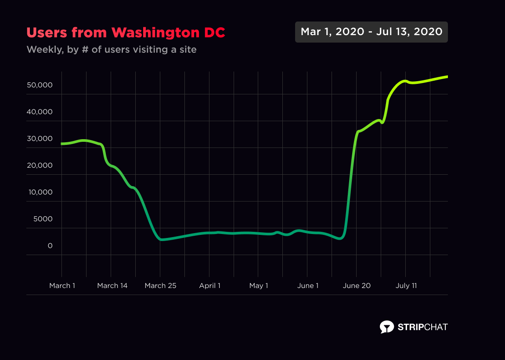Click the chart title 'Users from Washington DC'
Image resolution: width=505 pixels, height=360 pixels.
coord(126,32)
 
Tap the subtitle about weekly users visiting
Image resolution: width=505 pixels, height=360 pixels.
coord(112,50)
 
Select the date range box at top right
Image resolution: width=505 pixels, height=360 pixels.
coord(372,32)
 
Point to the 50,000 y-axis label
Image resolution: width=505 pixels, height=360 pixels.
coord(40,85)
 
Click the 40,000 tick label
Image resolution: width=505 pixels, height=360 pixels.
coord(40,112)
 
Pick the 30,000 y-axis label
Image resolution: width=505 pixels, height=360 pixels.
coord(40,139)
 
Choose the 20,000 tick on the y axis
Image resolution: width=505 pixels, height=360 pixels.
coord(40,166)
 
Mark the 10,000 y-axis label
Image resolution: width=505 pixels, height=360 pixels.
coord(40,192)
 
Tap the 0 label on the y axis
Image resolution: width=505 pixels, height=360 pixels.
coord(50,246)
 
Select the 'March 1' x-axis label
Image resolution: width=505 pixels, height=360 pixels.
coord(62,286)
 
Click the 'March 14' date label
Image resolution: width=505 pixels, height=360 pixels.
coord(112,286)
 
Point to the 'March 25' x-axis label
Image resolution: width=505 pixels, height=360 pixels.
coord(161,286)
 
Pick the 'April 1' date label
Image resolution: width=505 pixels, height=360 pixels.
coord(210,286)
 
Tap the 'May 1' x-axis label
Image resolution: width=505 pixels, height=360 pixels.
coord(259,286)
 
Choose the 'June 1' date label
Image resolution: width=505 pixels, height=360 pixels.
coord(308,286)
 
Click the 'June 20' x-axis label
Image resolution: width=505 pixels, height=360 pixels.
coord(357,286)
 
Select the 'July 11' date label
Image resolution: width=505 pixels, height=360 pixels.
coord(406,286)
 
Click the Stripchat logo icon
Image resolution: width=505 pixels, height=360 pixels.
coord(386,327)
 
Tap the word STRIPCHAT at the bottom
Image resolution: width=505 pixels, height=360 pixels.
coord(422,327)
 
